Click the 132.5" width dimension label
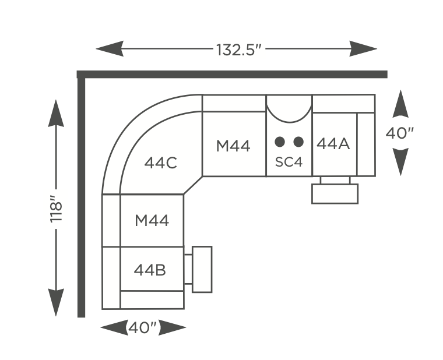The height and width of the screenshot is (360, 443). (239, 50)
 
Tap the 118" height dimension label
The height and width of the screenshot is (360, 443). (56, 209)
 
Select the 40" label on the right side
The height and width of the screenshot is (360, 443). (400, 133)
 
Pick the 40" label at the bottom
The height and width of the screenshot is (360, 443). (142, 328)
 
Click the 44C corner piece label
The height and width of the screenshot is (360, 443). (161, 163)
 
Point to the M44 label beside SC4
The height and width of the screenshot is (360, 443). (233, 146)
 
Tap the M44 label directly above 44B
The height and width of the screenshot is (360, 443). (152, 221)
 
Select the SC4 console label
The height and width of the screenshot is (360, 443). (289, 162)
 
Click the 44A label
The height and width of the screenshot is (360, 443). (333, 144)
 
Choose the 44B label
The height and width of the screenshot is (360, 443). (150, 270)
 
